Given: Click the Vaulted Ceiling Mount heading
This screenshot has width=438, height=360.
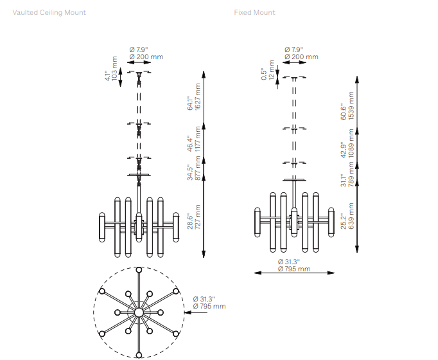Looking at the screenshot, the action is click(x=49, y=13).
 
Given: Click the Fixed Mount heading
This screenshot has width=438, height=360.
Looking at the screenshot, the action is click(x=254, y=13).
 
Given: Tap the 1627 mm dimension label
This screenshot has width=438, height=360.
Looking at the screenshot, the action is click(x=198, y=96).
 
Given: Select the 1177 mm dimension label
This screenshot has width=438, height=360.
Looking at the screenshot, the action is click(x=198, y=139).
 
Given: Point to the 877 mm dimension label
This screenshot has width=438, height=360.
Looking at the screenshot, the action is click(x=198, y=168).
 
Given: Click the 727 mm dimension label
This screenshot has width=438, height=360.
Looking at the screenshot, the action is click(x=198, y=217).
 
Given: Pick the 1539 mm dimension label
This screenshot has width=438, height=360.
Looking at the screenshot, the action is click(x=351, y=105).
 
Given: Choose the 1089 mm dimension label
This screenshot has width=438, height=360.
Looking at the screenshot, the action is click(x=351, y=143).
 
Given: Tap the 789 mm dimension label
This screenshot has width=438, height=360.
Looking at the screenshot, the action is click(x=351, y=174).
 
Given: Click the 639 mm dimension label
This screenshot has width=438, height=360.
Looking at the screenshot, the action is click(x=351, y=216).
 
